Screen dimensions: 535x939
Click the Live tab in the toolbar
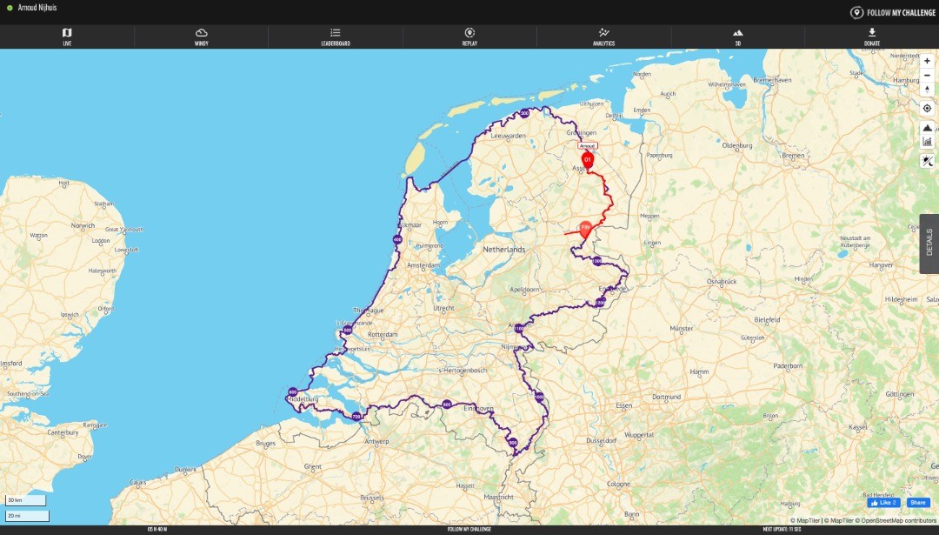click(67, 36)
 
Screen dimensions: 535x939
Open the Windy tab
click(201, 36)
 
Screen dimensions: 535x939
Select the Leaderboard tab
click(336, 36)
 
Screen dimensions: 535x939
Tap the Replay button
click(469, 36)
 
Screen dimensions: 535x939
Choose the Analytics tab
click(603, 36)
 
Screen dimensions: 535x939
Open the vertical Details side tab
click(929, 244)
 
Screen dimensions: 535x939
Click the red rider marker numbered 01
click(588, 160)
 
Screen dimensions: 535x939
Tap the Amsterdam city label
click(423, 265)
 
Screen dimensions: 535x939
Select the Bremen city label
click(793, 155)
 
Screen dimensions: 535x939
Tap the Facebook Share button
click(918, 503)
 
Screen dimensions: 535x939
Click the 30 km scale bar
click(27, 500)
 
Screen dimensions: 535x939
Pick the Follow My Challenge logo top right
click(892, 12)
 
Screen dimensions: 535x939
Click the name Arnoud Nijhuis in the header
click(37, 8)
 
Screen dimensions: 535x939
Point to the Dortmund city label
click(666, 397)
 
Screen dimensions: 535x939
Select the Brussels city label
click(372, 498)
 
